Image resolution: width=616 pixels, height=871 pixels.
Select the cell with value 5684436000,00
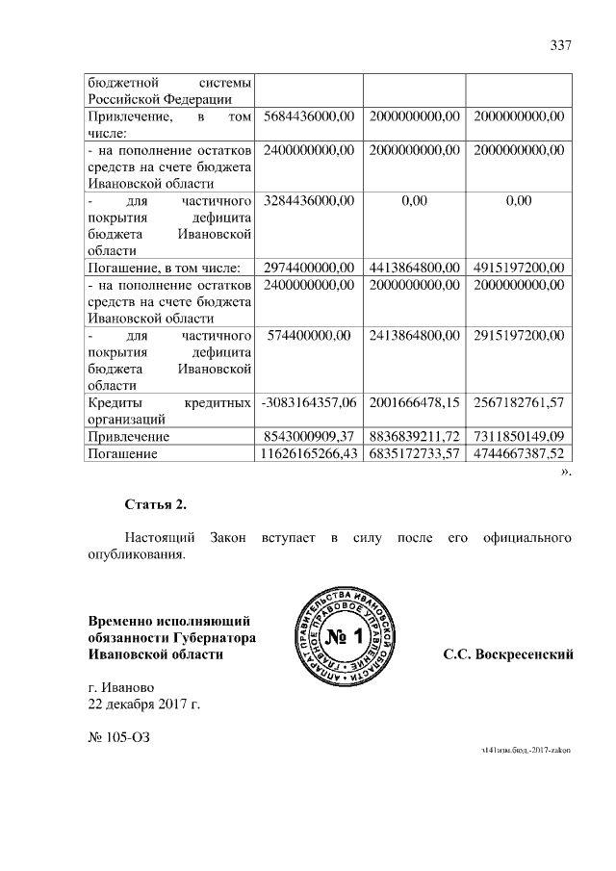[x=309, y=116]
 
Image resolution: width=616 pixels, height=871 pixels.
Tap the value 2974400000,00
[x=309, y=267]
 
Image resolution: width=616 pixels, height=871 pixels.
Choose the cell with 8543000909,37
[x=309, y=435]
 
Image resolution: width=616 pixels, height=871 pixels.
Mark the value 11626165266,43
[x=308, y=451]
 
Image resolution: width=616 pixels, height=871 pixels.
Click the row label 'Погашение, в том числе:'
[x=164, y=267]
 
